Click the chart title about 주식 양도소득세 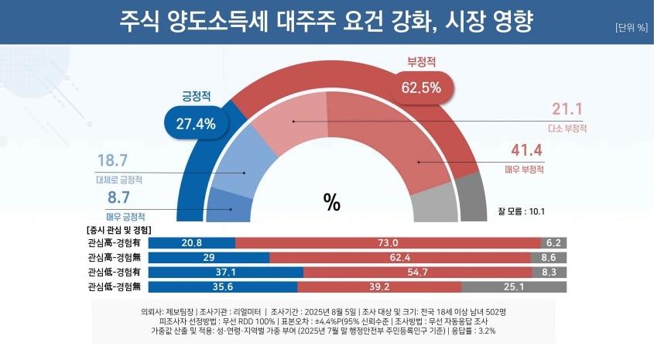[326, 21]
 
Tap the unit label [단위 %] [631, 28]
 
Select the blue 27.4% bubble [190, 122]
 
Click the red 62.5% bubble [421, 87]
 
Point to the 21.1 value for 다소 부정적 [567, 108]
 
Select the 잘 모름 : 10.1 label [522, 210]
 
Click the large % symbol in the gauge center [332, 202]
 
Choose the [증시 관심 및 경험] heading [118, 230]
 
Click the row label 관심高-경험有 [115, 243]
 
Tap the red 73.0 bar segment [388, 243]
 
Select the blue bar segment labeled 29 [208, 258]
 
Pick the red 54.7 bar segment [417, 273]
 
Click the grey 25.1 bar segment [514, 287]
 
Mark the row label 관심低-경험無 [115, 287]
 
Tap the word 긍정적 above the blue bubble [197, 97]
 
